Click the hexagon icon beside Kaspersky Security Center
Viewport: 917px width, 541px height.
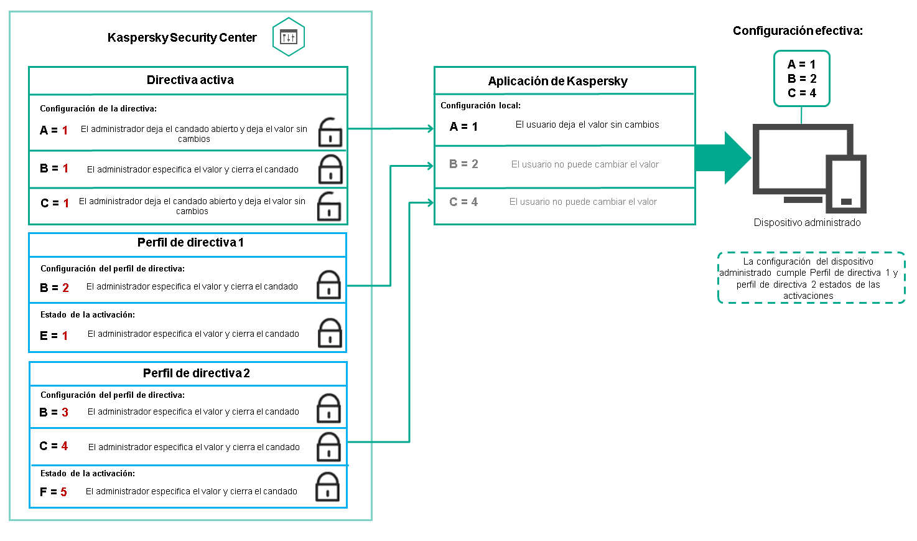(x=288, y=37)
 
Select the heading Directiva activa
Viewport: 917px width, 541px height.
(x=190, y=80)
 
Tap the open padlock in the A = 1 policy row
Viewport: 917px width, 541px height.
(x=330, y=133)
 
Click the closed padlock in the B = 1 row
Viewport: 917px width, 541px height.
(x=330, y=169)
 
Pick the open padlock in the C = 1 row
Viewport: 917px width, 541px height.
(x=328, y=206)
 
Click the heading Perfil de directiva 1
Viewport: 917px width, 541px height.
(x=190, y=243)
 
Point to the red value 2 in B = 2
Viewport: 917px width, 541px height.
(x=65, y=288)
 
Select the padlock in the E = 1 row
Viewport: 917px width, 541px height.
(x=330, y=333)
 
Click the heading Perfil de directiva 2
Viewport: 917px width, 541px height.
(x=196, y=373)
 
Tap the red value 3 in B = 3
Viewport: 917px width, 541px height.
(x=65, y=412)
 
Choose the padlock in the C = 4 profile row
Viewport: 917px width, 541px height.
(x=328, y=447)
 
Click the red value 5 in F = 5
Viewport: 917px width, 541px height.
(x=63, y=492)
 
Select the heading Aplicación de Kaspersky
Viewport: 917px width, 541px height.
(x=557, y=81)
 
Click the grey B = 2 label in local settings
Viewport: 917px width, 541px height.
(x=463, y=164)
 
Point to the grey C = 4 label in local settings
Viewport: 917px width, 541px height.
(x=463, y=202)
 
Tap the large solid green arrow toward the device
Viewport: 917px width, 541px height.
(x=722, y=158)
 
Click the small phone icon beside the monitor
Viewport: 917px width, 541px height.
(x=845, y=184)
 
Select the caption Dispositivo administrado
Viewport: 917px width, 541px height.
(x=807, y=222)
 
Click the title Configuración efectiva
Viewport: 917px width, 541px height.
(x=797, y=31)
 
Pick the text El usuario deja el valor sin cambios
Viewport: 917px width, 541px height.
(x=587, y=125)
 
